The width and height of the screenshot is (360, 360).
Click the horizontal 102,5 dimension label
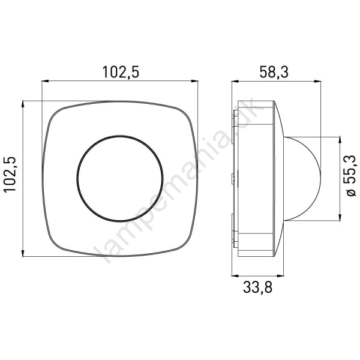point(121,72)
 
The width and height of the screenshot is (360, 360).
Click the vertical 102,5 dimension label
point(10,174)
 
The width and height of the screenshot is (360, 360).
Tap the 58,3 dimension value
point(274,72)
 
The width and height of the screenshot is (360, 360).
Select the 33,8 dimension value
point(257,287)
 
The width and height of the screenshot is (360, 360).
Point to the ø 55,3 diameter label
point(350,176)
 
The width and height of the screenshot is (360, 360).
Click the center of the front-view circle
point(120,178)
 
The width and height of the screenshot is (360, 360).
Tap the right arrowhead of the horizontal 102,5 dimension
point(194,81)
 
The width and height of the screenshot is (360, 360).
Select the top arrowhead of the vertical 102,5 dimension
point(23,104)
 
